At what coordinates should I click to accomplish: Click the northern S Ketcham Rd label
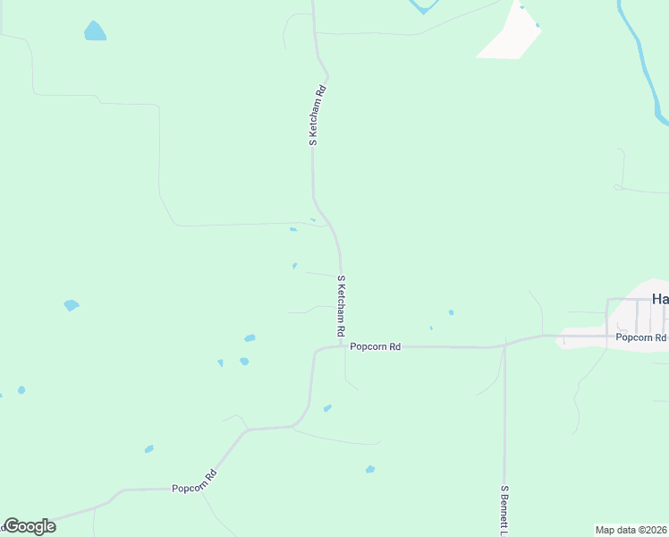[x=315, y=115]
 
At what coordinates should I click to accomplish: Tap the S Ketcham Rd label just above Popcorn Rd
[x=341, y=306]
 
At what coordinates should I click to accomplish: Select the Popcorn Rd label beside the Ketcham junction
[x=375, y=346]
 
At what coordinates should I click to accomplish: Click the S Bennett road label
[x=504, y=510]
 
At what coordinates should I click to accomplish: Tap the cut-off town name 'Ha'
[x=659, y=299]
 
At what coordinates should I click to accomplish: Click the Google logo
[x=30, y=526]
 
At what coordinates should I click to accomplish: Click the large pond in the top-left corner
[x=94, y=31]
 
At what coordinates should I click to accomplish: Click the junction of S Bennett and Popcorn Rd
[x=504, y=345]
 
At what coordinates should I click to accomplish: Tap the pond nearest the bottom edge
[x=370, y=469]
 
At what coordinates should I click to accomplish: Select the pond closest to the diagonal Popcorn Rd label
[x=148, y=448]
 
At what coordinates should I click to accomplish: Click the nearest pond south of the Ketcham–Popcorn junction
[x=327, y=408]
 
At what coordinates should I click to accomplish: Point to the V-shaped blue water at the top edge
[x=423, y=8]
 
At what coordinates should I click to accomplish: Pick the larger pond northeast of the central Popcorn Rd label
[x=451, y=312]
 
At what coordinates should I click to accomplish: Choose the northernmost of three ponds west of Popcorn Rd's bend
[x=250, y=338]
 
